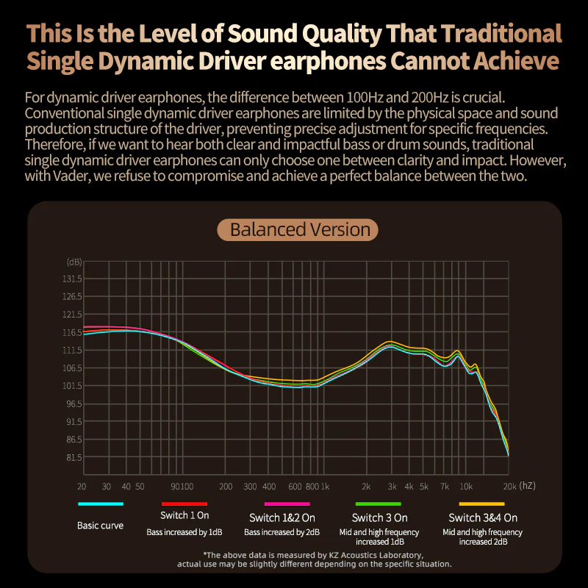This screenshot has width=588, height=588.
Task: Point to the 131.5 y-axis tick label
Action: tap(72, 279)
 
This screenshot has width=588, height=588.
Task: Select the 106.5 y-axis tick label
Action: tap(72, 368)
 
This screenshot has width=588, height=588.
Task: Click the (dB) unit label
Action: tap(74, 262)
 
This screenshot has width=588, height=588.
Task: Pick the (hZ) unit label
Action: tap(526, 487)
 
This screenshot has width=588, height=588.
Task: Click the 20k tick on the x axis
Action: tap(507, 487)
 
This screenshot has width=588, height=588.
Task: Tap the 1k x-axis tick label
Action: tap(324, 487)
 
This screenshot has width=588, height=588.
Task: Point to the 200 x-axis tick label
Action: tap(226, 487)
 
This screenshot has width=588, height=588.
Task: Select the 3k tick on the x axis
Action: tap(392, 487)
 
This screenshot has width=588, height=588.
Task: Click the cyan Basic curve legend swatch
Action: tap(101, 504)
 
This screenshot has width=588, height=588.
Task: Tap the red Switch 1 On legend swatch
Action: tap(184, 504)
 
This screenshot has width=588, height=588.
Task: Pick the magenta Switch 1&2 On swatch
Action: tap(275, 504)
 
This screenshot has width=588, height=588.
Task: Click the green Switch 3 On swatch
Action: tap(379, 504)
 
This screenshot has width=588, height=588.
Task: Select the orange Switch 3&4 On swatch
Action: tap(482, 504)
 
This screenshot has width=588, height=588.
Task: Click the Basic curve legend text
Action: tap(100, 526)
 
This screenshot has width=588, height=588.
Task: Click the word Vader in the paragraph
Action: tap(73, 179)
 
